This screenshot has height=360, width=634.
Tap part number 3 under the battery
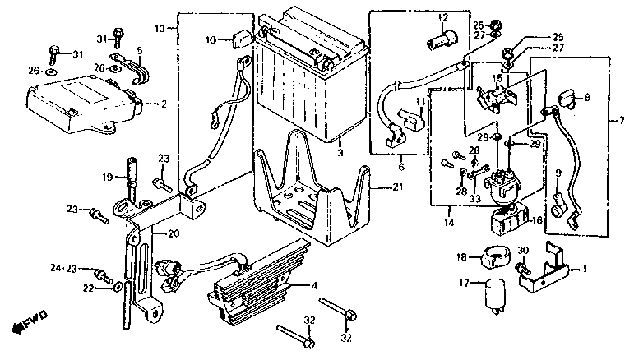point(340,153)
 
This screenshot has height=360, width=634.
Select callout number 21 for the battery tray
point(397,187)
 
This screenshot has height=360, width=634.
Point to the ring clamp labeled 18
point(494,257)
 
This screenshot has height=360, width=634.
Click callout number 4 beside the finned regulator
point(315,286)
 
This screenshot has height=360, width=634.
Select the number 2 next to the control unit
point(164,104)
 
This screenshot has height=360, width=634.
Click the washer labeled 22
point(118,287)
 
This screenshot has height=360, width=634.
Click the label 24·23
point(63,268)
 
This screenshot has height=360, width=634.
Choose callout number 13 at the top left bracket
point(160,29)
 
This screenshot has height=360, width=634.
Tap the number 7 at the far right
point(622,121)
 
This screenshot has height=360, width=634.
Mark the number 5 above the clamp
point(140,51)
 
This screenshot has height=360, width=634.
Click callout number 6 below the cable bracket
point(401,167)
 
